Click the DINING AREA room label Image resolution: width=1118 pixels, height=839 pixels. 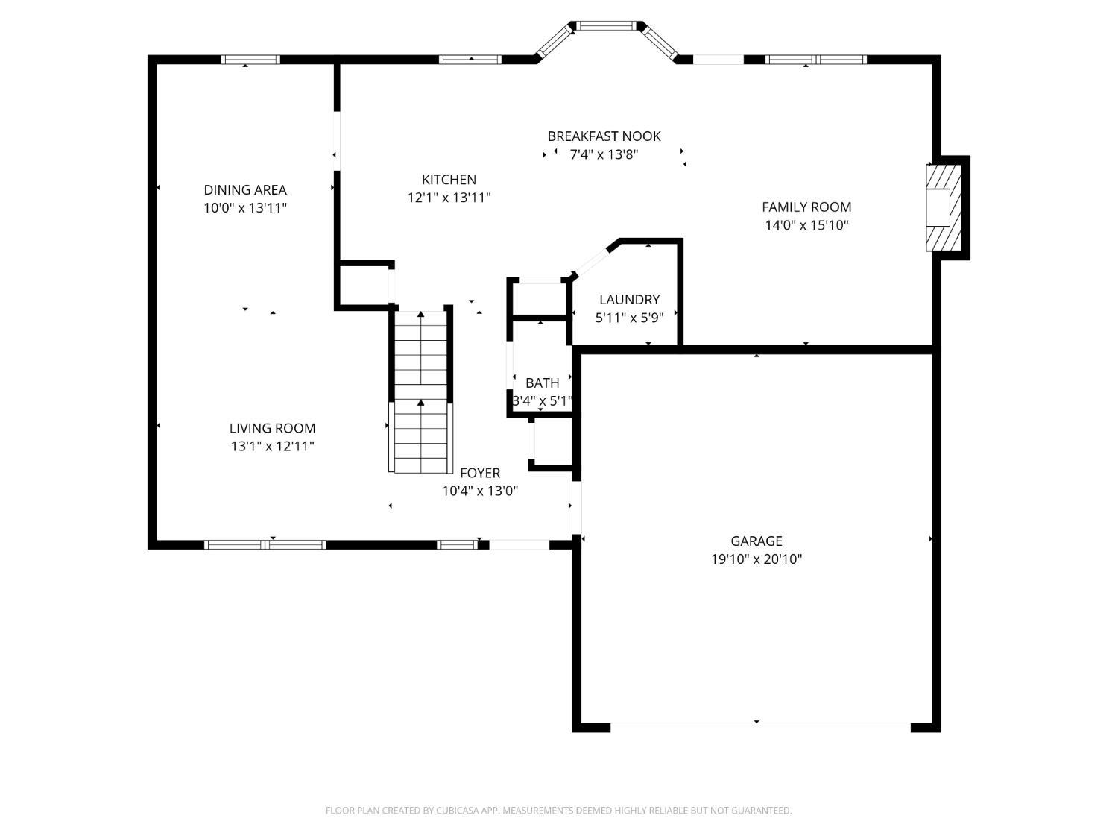(x=245, y=189)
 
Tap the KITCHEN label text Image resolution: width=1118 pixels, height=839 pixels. (x=449, y=180)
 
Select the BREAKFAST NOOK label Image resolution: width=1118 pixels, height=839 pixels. (x=604, y=136)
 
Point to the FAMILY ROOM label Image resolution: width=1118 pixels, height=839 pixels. (x=806, y=207)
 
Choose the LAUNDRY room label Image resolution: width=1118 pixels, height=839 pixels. (x=629, y=300)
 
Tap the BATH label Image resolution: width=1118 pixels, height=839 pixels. (x=542, y=383)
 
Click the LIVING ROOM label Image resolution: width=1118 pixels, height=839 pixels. (x=272, y=428)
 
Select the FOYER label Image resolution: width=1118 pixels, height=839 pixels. (x=480, y=473)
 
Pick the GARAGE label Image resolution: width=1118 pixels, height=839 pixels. (x=756, y=541)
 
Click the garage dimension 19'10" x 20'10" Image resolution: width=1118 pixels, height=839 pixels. (x=756, y=559)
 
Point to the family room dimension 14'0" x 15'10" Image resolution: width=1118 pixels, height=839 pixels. (x=806, y=225)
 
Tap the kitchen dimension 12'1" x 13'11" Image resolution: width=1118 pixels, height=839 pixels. (x=449, y=198)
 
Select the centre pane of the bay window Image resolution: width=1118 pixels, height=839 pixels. (x=607, y=26)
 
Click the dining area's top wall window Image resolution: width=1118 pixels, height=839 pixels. (x=250, y=60)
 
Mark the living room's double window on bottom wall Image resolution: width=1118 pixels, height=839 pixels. (x=265, y=544)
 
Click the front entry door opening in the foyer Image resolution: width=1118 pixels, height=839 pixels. (x=519, y=544)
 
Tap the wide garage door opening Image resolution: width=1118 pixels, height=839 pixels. (x=760, y=724)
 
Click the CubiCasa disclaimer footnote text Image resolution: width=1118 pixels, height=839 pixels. (x=558, y=811)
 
